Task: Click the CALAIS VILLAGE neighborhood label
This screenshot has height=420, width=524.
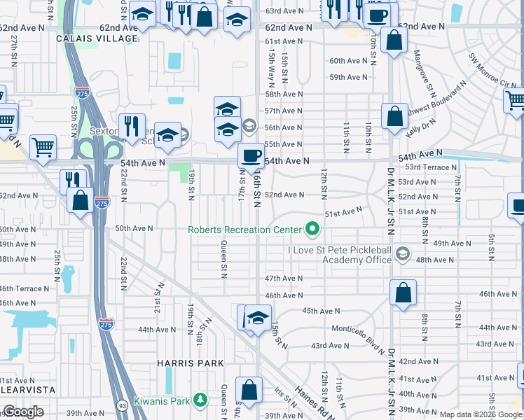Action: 98,38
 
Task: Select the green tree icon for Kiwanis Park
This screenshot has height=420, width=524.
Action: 201,400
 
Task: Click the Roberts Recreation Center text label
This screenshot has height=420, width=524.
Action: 244,230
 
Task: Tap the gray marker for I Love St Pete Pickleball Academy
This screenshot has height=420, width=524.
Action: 402,254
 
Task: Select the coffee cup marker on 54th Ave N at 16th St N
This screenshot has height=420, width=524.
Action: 251,155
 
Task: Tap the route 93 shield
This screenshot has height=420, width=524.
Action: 122,404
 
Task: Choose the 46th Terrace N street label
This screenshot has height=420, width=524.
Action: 26,288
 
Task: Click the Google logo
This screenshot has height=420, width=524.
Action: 23,412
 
